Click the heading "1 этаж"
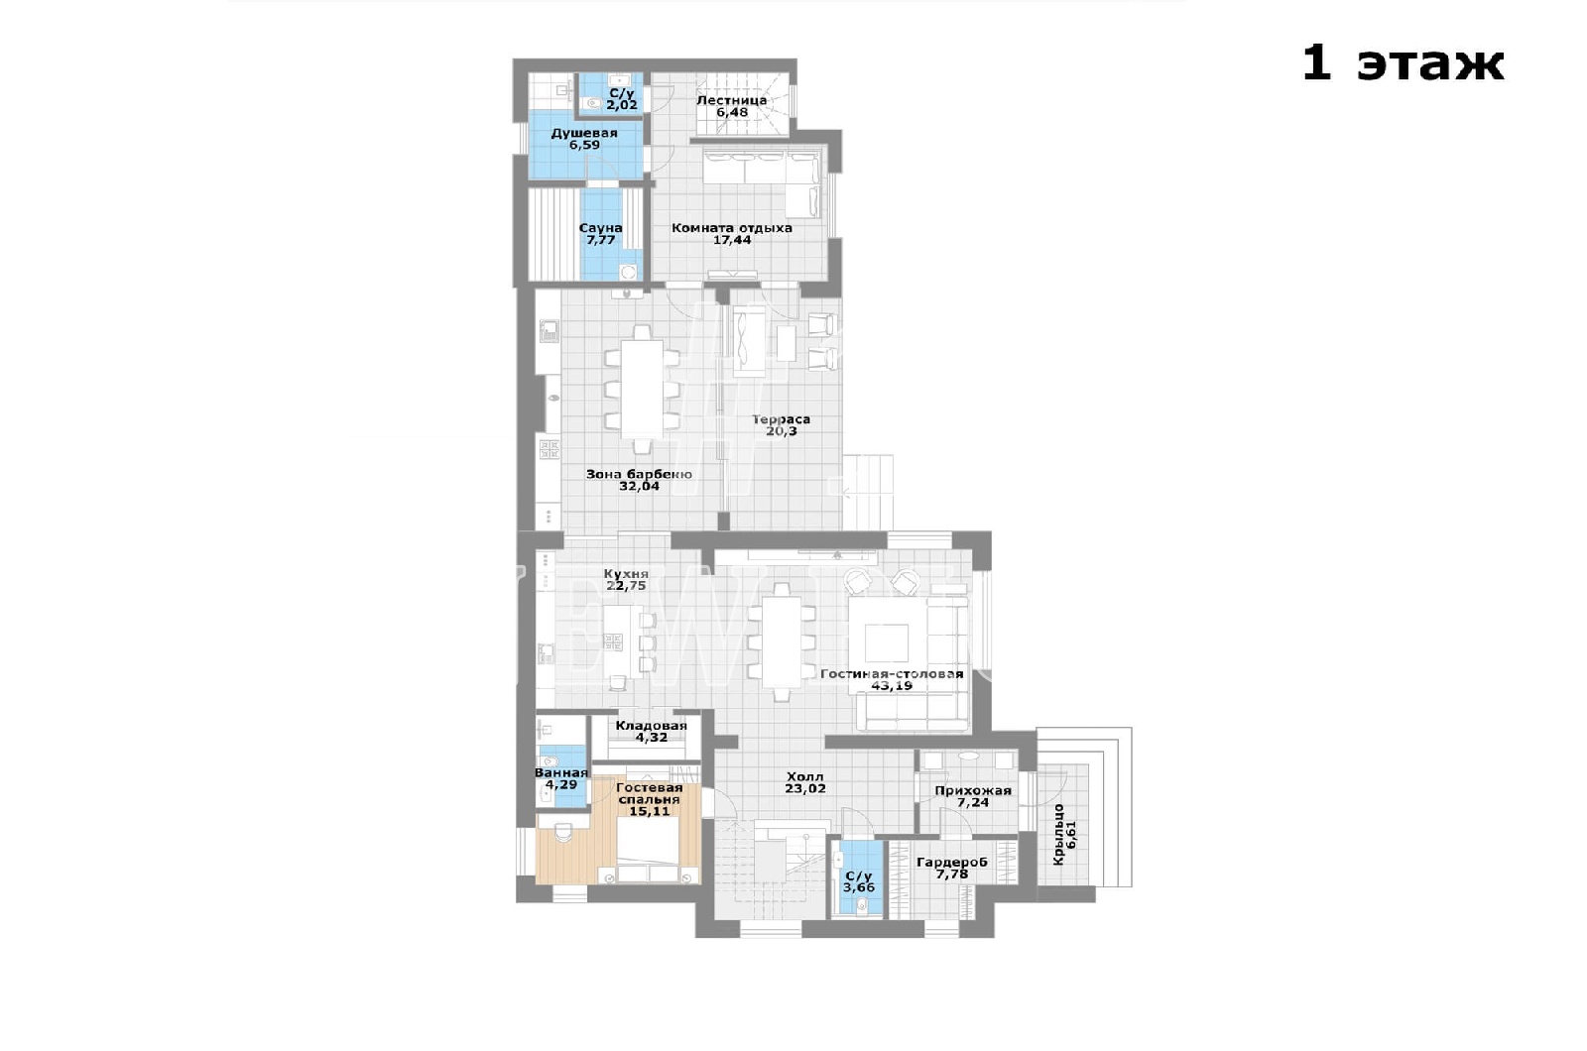(1403, 64)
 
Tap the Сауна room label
(601, 228)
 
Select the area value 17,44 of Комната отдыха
(732, 240)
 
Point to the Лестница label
(732, 100)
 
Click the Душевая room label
(584, 133)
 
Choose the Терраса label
(781, 419)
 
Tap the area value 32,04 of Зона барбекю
(639, 487)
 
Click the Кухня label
(626, 574)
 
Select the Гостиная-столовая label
(892, 674)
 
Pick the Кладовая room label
(651, 726)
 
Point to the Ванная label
(561, 773)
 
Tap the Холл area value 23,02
(805, 788)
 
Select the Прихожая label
(973, 791)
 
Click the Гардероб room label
(951, 863)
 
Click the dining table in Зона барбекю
(642, 389)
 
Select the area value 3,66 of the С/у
(859, 888)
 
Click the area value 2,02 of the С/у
(621, 105)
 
